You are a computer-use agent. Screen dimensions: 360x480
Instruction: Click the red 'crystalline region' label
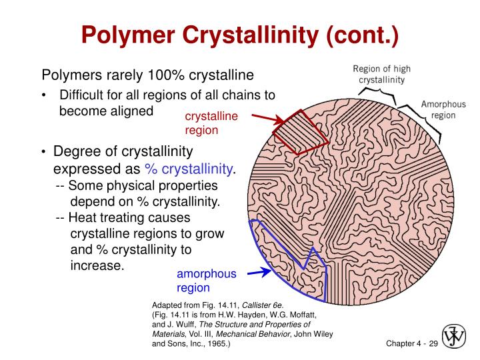click(211, 123)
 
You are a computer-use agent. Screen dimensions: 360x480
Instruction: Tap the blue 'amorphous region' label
click(206, 281)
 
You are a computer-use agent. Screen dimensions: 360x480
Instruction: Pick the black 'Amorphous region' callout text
click(443, 109)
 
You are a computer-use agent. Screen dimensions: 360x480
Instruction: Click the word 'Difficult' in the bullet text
click(82, 95)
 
